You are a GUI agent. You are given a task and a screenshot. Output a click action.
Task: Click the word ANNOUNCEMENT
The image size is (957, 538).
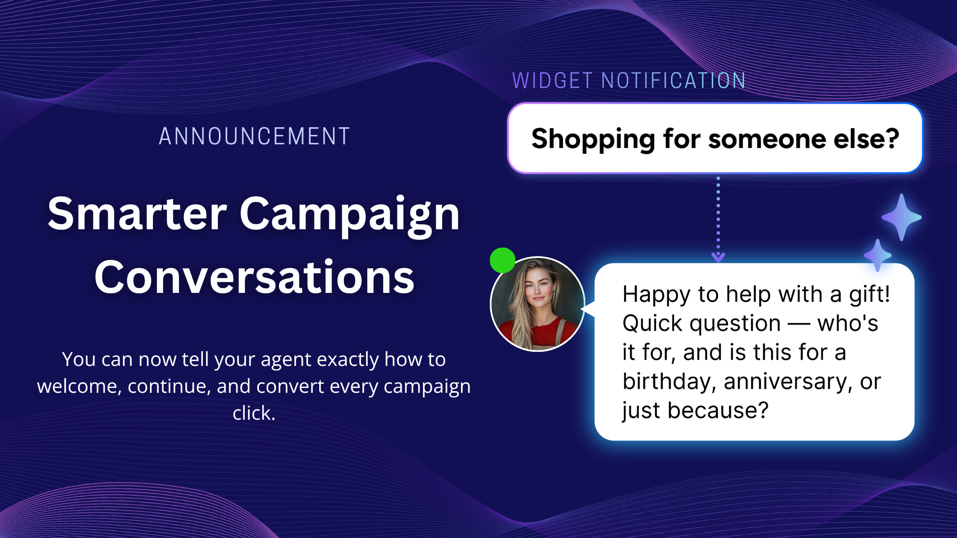[x=255, y=137]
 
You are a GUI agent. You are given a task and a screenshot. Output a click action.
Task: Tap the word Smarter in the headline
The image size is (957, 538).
[x=137, y=213]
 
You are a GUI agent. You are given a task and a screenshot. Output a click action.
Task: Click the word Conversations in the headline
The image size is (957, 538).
[x=255, y=277]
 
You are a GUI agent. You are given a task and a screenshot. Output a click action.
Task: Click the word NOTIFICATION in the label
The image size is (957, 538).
[x=673, y=80]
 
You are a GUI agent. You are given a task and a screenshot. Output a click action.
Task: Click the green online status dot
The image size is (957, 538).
[x=502, y=260]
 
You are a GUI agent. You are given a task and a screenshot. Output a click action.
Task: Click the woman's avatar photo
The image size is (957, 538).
[x=537, y=304]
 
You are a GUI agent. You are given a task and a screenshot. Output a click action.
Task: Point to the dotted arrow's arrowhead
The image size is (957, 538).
[x=718, y=257]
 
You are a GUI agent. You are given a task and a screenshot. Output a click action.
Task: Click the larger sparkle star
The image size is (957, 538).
[x=901, y=217]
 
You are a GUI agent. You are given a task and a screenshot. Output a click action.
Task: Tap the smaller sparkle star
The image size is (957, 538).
[x=878, y=255]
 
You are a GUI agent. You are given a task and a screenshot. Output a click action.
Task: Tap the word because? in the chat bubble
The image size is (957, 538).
[x=718, y=410]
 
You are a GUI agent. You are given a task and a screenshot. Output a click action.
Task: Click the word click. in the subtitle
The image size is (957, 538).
[x=254, y=413]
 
